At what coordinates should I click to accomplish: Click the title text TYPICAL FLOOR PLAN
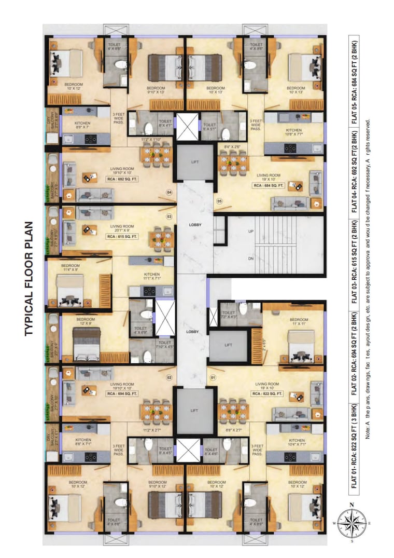pyautogui.click(x=29, y=279)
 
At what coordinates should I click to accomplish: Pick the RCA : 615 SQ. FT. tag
pyautogui.click(x=122, y=236)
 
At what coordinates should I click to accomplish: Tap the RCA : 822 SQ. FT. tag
pyautogui.click(x=267, y=394)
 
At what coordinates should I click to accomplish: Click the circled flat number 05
pyautogui.click(x=220, y=201)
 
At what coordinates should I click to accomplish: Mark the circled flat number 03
pyautogui.click(x=168, y=216)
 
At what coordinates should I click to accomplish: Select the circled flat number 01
pyautogui.click(x=212, y=377)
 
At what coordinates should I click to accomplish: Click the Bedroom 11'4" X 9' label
pyautogui.click(x=70, y=268)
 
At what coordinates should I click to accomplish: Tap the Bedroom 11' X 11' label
pyautogui.click(x=299, y=322)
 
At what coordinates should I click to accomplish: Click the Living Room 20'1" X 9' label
pyautogui.click(x=122, y=228)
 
